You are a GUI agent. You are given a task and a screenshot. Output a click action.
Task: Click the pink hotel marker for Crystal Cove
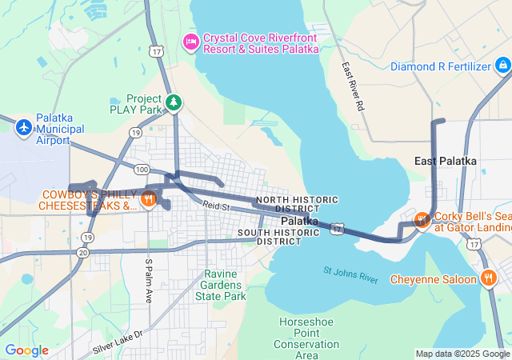190,41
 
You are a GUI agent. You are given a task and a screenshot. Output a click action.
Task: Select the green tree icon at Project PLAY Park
173,102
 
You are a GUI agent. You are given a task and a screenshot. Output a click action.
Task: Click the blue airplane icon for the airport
24,127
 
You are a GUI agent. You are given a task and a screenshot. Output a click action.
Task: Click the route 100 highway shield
142,170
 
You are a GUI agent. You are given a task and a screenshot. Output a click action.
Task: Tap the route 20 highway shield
83,252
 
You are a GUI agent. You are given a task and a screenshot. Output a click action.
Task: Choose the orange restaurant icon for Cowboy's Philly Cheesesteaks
148,199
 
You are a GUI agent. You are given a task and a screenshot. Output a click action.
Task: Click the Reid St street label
215,207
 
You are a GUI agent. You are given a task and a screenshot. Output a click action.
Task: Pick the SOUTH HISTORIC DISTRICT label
279,237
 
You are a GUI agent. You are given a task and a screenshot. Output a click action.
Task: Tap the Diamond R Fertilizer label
440,66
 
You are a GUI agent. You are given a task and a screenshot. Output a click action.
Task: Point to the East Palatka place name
446,161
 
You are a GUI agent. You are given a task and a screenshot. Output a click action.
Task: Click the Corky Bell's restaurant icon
421,219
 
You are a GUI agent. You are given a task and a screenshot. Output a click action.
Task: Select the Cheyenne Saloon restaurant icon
488,278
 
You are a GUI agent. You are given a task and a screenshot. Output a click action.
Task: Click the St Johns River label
350,274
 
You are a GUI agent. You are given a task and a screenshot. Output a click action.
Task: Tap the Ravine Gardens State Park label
220,285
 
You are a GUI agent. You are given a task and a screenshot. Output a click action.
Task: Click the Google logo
26,350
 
